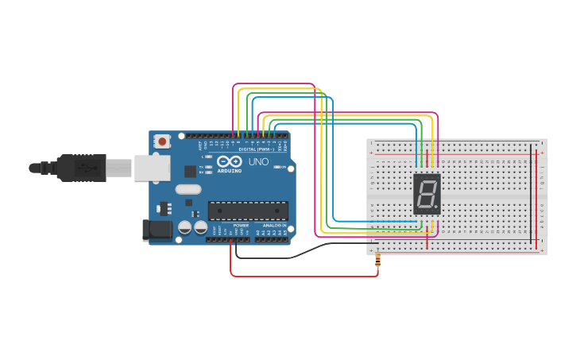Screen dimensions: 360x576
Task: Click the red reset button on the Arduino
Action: [163, 141]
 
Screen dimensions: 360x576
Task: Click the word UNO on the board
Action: [259, 161]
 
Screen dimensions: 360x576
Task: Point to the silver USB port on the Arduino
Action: [152, 167]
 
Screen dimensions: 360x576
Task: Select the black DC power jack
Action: [157, 230]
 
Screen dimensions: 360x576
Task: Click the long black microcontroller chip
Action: [248, 211]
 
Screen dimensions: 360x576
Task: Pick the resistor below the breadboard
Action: [377, 259]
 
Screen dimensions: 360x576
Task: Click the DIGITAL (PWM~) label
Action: [256, 149]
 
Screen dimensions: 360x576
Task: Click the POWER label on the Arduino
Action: [241, 226]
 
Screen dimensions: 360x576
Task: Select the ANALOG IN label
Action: [274, 226]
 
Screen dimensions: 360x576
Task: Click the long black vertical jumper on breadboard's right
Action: [532, 195]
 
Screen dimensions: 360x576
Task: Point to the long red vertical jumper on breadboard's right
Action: [536, 199]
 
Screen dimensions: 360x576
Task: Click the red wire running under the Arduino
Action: [302, 276]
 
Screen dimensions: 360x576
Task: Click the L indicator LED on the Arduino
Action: [209, 157]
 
